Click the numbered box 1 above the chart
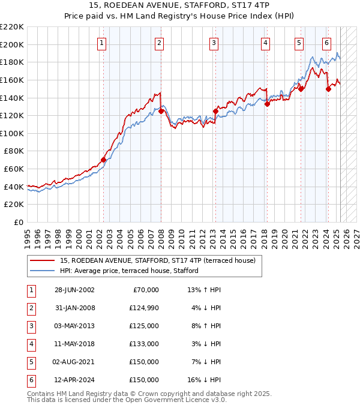pyautogui.click(x=102, y=43)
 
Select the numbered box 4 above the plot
pyautogui.click(x=265, y=43)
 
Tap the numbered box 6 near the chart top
pyautogui.click(x=326, y=43)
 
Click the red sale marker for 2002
pyautogui.click(x=103, y=160)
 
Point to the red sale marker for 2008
pyautogui.click(x=161, y=111)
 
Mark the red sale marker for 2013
pyautogui.click(x=215, y=110)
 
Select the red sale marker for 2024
pyautogui.click(x=328, y=89)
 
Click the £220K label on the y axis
pyautogui.click(x=12, y=27)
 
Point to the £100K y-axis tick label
pyautogui.click(x=12, y=133)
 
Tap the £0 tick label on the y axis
pyautogui.click(x=18, y=222)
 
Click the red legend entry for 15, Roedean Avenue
pyautogui.click(x=157, y=260)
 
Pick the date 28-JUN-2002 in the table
pyautogui.click(x=74, y=290)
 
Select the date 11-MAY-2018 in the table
pyautogui.click(x=74, y=344)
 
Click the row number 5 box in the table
pyautogui.click(x=31, y=362)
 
